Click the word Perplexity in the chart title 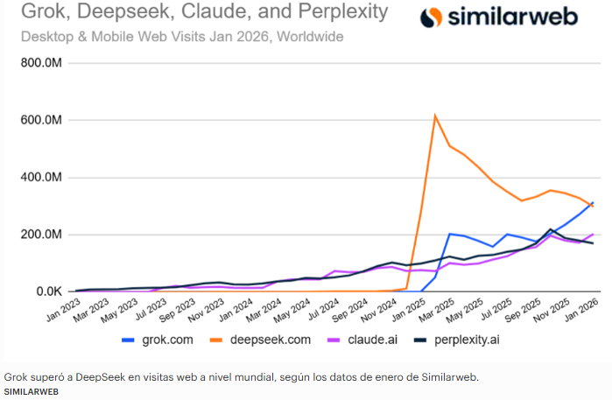pos(338,13)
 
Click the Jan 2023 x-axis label pos(63,309)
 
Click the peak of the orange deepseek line pos(435,115)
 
